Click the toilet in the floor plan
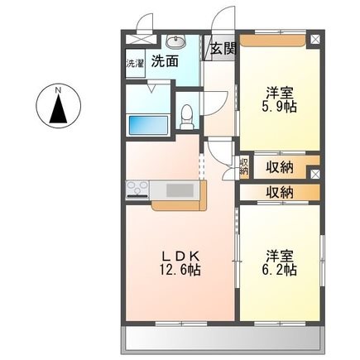(x=187, y=117)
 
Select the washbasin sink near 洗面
(x=176, y=42)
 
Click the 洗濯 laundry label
(x=135, y=64)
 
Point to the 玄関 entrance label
(x=223, y=49)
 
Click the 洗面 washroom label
(x=165, y=61)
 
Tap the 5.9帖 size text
(x=279, y=107)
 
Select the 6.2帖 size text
(x=279, y=270)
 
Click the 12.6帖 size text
(x=180, y=270)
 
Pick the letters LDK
(x=180, y=257)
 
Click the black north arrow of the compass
(x=58, y=108)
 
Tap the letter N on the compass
(x=58, y=90)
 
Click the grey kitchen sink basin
(x=180, y=190)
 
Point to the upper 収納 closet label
(x=280, y=167)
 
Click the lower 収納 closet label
(x=280, y=192)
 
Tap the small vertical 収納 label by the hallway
(x=244, y=166)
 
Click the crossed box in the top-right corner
(x=315, y=39)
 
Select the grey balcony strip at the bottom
(x=223, y=338)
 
